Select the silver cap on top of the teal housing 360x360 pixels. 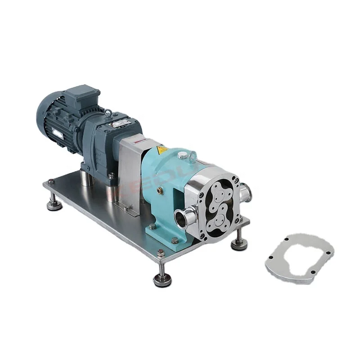(182, 155)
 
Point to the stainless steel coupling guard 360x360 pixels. (130, 171)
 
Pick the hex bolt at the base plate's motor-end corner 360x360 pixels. (51, 182)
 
